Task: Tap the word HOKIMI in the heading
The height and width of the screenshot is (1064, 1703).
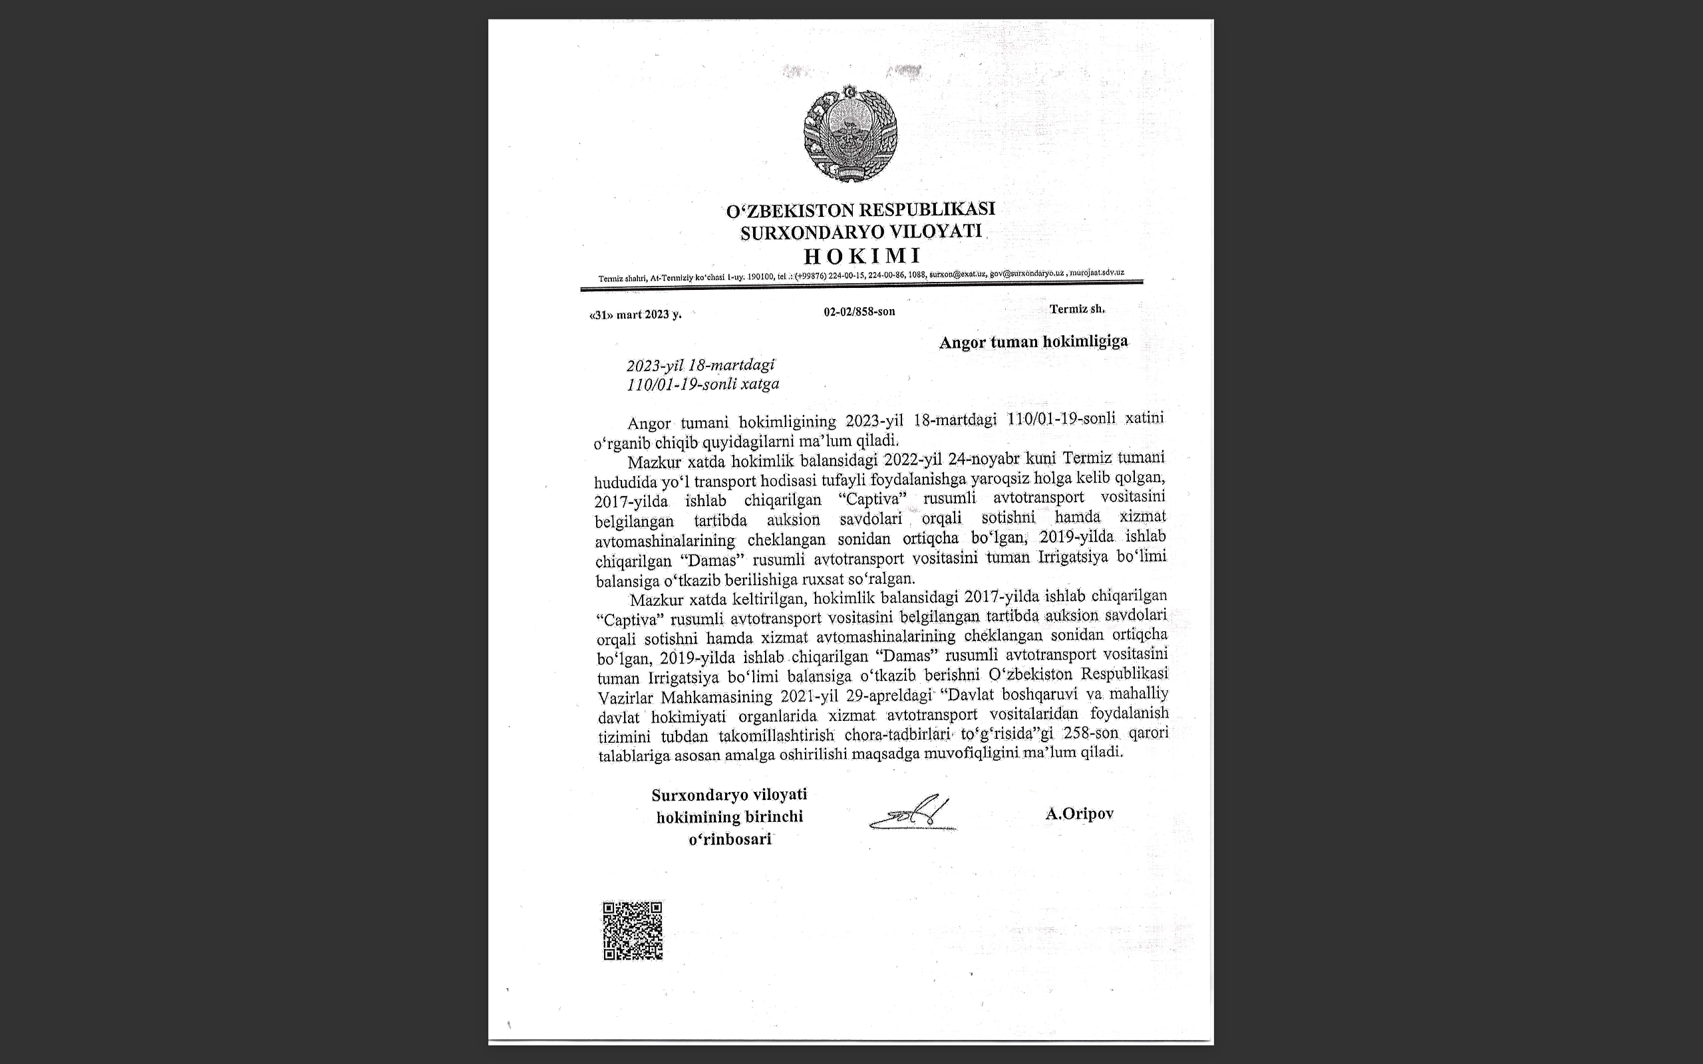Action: coord(862,255)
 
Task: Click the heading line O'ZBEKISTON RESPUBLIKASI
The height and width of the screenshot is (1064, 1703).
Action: coord(861,209)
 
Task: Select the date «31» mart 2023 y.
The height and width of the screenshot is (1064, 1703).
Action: coord(635,315)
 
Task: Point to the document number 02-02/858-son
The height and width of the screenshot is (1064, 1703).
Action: coord(859,311)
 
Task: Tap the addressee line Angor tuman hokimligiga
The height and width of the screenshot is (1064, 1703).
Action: coord(1033,342)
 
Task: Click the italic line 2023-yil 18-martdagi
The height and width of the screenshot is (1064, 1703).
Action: coord(700,365)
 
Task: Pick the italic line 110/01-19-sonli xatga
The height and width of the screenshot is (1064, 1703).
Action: coord(703,384)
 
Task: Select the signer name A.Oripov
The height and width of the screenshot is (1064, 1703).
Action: coord(1079,813)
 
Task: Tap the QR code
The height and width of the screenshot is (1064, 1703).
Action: coord(633,930)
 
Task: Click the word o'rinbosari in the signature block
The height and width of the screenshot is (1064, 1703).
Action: coord(730,839)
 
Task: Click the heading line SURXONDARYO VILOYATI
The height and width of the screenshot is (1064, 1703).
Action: coord(861,231)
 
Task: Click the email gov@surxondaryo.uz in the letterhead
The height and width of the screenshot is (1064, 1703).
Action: coord(1026,273)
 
